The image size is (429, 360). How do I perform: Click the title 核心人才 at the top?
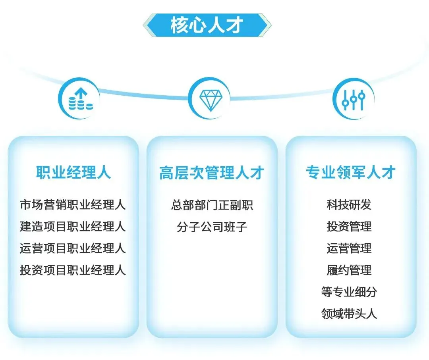(207, 25)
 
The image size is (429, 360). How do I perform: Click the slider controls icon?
(353, 99)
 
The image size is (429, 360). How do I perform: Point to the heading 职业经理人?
(73, 173)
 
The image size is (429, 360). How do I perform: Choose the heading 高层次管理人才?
(212, 173)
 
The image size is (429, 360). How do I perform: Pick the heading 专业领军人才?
(351, 173)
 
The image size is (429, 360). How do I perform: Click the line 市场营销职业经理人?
(73, 205)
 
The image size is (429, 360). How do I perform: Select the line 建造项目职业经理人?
(73, 227)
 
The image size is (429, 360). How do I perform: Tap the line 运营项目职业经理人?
(73, 249)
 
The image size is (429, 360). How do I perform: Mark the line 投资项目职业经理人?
(73, 271)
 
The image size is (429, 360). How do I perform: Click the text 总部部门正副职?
(212, 205)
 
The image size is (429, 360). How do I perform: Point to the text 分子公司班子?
(212, 227)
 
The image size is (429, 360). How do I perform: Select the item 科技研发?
(349, 205)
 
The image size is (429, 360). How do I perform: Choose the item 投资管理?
(349, 227)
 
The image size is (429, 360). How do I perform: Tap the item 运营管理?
(349, 249)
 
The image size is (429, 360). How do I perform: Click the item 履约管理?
(349, 271)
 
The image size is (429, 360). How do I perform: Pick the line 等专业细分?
(349, 293)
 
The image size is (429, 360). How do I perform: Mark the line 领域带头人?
(349, 314)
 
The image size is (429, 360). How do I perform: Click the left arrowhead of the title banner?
(148, 25)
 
